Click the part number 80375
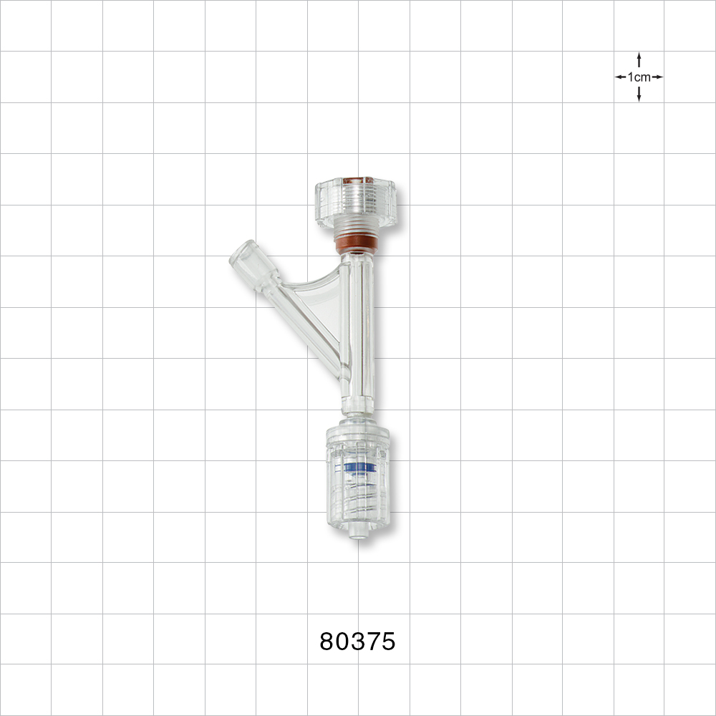(x=357, y=642)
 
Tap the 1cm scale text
(x=639, y=77)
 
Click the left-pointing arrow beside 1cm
(x=621, y=77)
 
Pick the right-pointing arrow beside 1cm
(x=657, y=77)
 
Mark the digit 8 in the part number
(x=327, y=642)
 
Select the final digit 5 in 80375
(x=387, y=642)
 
